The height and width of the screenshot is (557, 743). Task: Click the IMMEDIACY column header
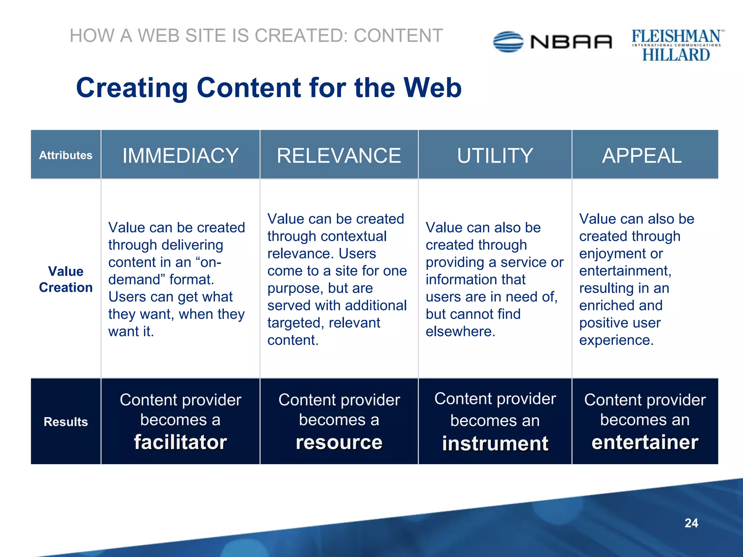point(180,156)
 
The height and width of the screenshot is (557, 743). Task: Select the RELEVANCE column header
point(339,156)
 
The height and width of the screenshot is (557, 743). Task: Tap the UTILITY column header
point(495,156)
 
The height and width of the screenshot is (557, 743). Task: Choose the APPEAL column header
point(642,156)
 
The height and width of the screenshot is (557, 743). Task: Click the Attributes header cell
point(66,155)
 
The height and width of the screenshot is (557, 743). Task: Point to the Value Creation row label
point(66,279)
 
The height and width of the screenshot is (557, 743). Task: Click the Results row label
point(66,422)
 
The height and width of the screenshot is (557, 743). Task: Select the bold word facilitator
point(180,442)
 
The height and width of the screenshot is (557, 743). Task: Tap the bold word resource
point(339,442)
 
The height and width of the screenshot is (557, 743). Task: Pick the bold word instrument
point(495,443)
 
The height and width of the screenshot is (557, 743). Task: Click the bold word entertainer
point(645,442)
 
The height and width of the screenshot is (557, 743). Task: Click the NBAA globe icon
point(508,42)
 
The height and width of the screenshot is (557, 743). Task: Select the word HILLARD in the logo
point(676,55)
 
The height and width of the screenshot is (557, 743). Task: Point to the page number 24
point(691,523)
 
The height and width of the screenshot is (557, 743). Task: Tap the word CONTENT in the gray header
point(398,36)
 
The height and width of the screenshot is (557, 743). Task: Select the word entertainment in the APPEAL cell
point(625,271)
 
